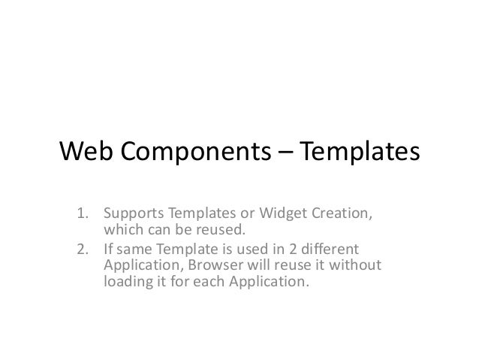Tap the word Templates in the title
coord(360,153)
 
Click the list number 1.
coord(83,212)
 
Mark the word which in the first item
coord(121,229)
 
